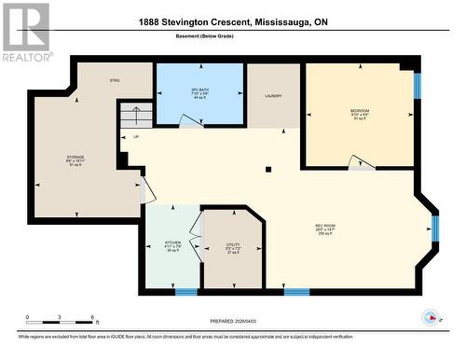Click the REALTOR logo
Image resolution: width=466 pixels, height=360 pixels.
coord(25,32)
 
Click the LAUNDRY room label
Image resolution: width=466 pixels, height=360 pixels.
coord(273,96)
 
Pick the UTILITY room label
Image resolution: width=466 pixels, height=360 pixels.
coord(233,245)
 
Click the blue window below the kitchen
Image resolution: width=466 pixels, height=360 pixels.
coord(186,292)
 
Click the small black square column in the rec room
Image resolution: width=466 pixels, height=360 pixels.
coord(267,170)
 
